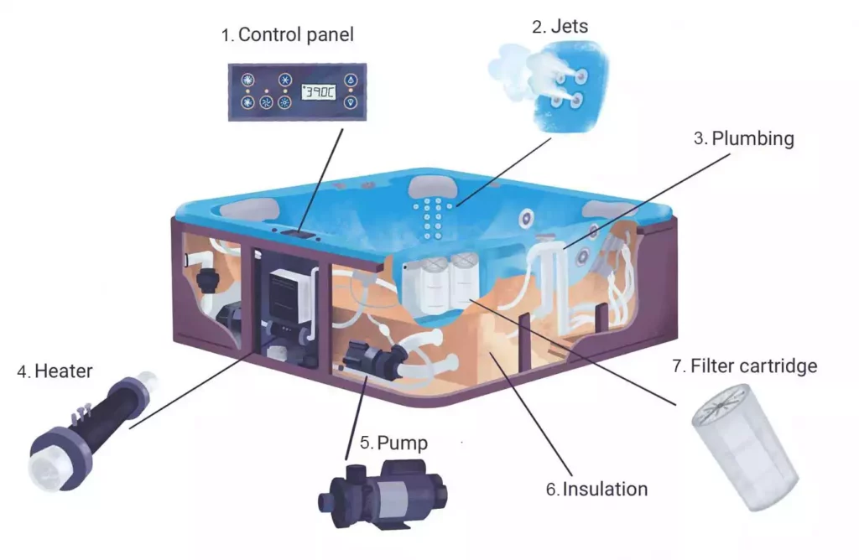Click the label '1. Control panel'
tap(287, 34)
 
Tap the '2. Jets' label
tap(560, 26)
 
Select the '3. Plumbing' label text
tap(743, 138)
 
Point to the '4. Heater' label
tap(55, 371)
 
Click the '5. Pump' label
tap(393, 443)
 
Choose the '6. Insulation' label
tap(596, 489)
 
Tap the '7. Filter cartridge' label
tap(745, 366)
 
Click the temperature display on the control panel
tap(318, 92)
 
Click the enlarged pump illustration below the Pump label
tap(383, 493)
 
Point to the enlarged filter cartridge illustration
tap(745, 446)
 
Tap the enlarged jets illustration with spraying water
tap(548, 85)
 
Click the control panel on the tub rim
tap(299, 234)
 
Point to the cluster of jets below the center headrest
tap(433, 219)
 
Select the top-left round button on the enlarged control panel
tap(248, 80)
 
